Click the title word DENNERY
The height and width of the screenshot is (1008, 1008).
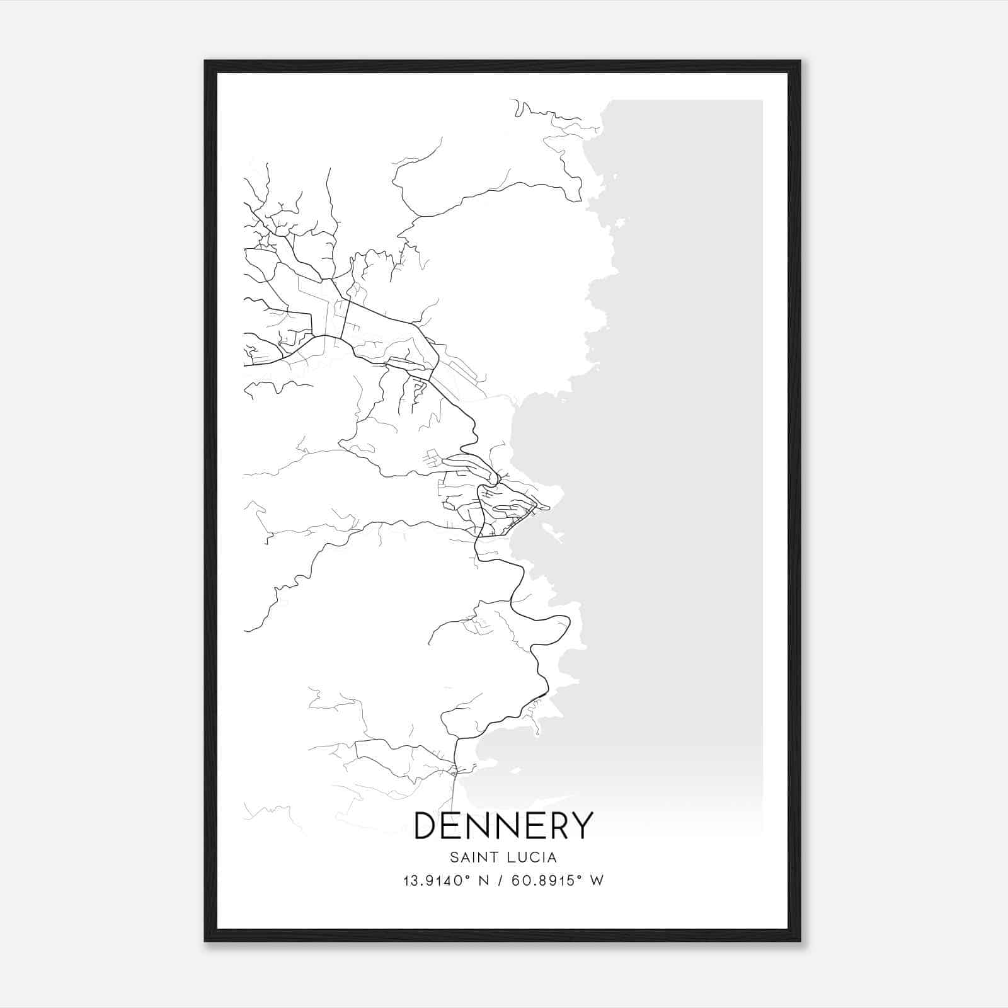(x=503, y=826)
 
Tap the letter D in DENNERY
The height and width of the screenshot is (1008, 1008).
(x=427, y=826)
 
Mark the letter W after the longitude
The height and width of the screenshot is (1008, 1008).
(x=597, y=881)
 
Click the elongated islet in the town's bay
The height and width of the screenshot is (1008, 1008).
(x=554, y=534)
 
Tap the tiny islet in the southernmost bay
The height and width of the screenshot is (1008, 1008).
(x=516, y=770)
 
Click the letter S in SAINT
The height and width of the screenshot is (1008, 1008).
(x=454, y=857)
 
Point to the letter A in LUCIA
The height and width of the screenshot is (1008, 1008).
(x=553, y=857)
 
